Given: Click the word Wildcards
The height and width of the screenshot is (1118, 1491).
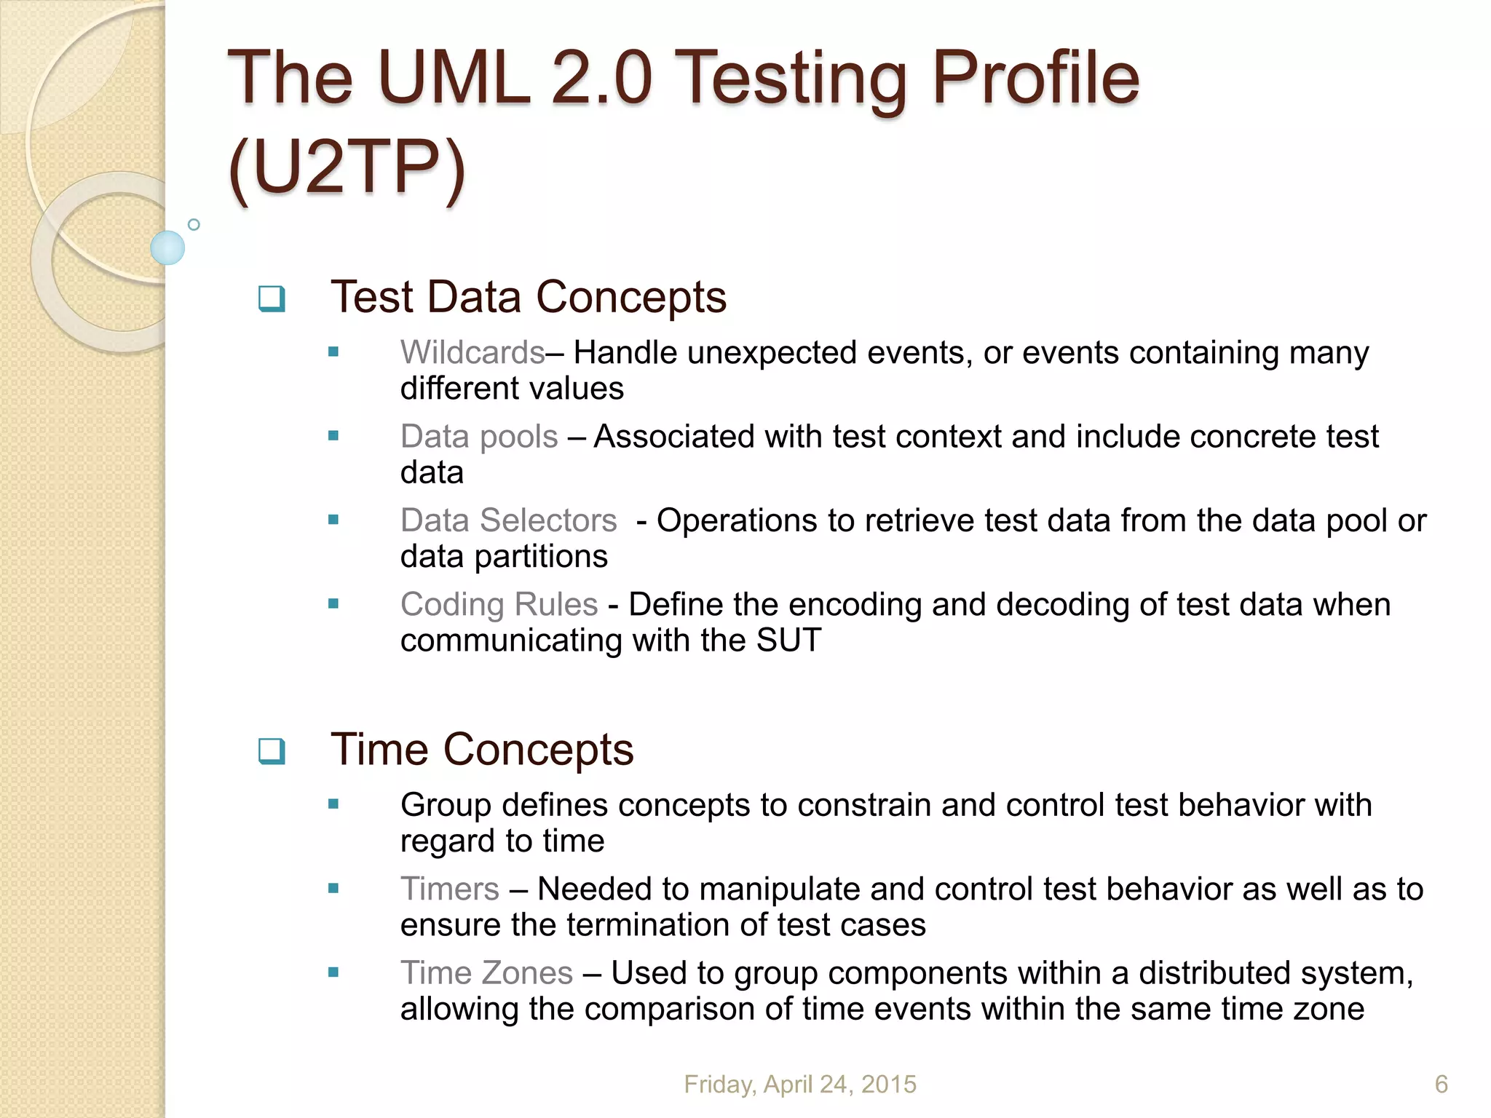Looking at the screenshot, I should pos(472,353).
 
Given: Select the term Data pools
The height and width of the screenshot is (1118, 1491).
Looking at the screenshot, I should pos(479,437).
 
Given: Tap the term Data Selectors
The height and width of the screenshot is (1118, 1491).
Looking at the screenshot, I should pos(508,520).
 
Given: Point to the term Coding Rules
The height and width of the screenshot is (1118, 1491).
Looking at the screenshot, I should pos(499,604).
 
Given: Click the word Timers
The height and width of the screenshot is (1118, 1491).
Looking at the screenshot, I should pos(449,889).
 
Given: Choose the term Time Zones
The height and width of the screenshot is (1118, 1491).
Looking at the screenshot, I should pos(486,973).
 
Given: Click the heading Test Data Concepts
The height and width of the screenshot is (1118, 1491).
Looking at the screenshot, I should pos(529,297).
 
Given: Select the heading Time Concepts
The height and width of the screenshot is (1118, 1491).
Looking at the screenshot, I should pos(482,749).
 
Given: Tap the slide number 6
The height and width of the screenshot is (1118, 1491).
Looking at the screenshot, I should pos(1441,1085).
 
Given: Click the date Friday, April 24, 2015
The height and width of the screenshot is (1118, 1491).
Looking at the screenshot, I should pos(800,1085).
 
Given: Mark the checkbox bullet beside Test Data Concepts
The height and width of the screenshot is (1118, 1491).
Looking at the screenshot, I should pos(272,298).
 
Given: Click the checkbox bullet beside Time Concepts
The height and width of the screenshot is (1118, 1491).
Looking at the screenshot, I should pos(272,750).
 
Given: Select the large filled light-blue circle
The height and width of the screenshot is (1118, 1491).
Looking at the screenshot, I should pos(167,247).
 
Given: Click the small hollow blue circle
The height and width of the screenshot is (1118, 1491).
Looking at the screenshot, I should pos(194,224).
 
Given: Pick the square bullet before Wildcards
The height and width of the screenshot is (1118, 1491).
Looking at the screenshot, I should pos(333,352).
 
